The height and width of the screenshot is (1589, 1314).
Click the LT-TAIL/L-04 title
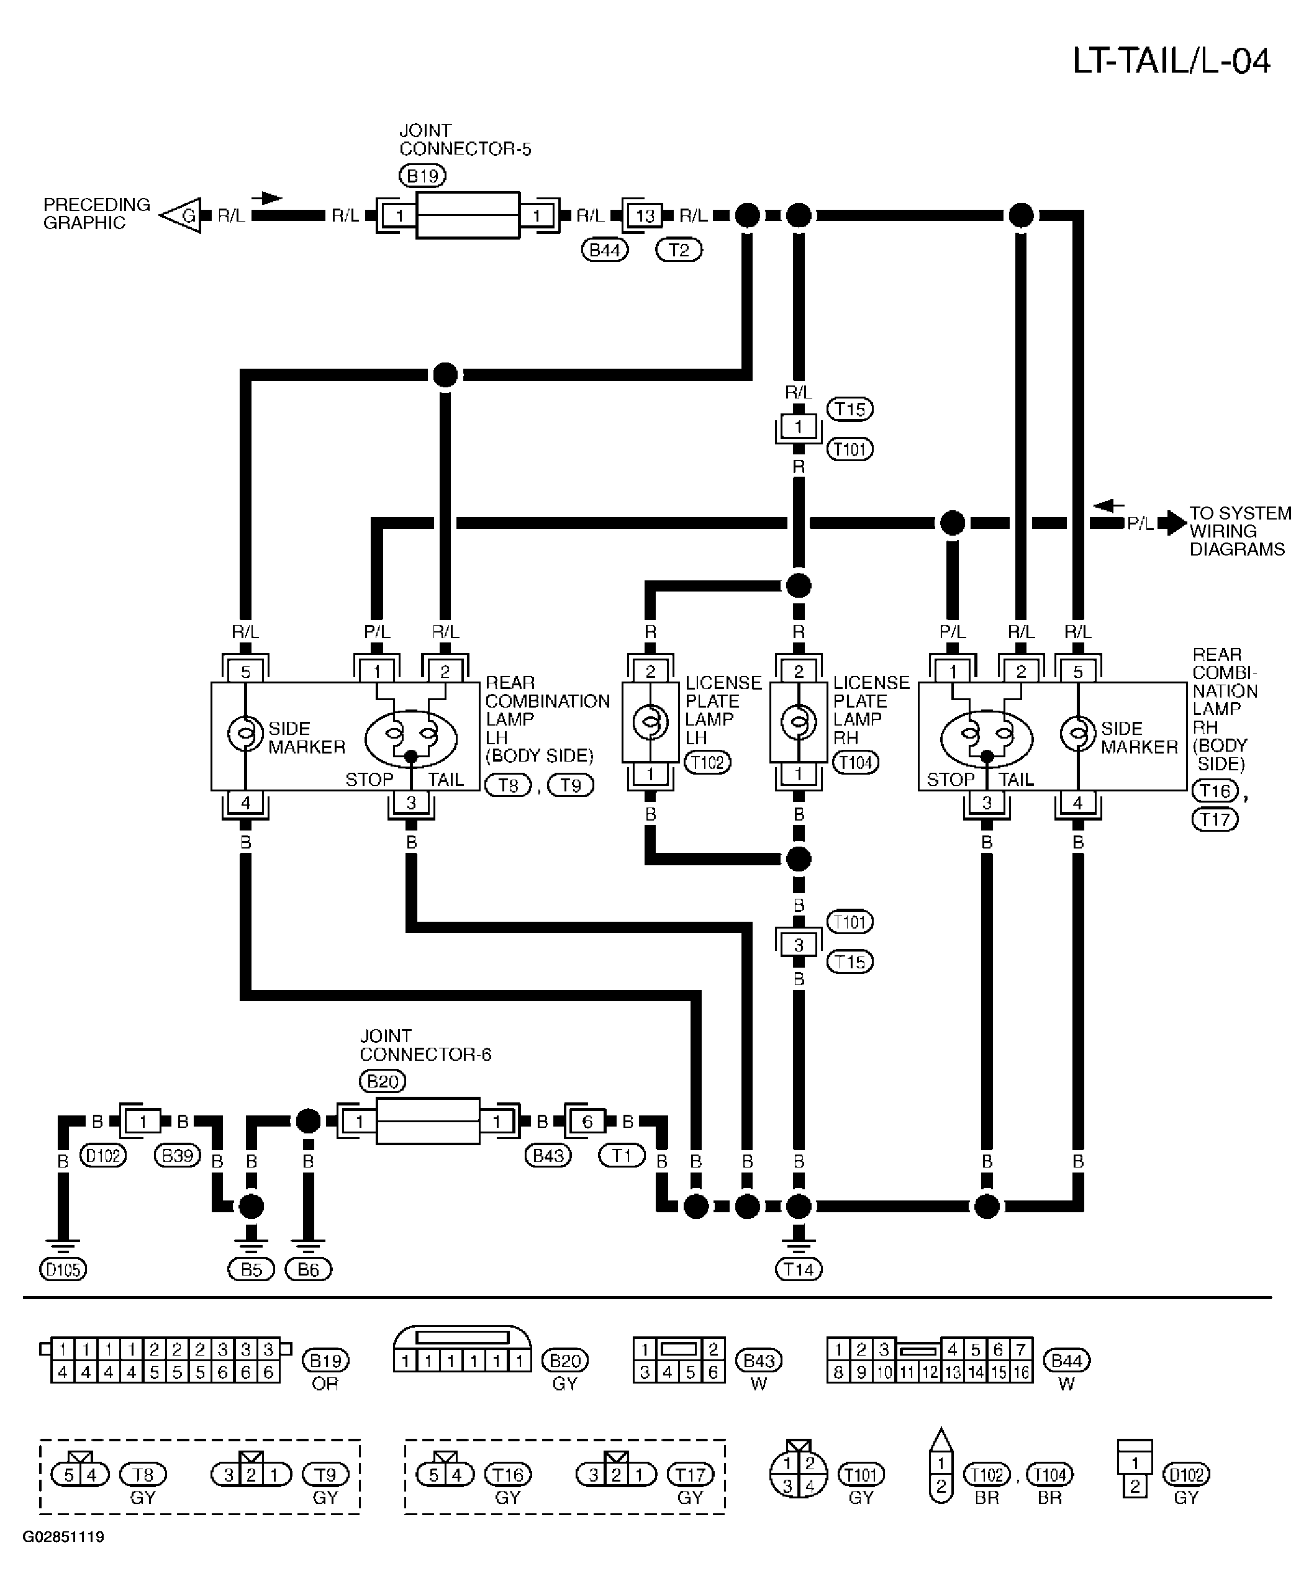pos(1171,61)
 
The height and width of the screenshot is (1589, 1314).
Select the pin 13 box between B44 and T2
pos(644,215)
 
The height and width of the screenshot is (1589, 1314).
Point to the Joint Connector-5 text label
pos(464,140)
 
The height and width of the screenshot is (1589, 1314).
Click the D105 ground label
pos(63,1269)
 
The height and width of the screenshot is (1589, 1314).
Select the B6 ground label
pos(308,1269)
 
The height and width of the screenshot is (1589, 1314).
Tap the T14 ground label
pos(799,1269)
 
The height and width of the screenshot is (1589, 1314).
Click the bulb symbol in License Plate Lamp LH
pos(650,722)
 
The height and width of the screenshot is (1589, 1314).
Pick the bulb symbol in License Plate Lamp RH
pos(799,722)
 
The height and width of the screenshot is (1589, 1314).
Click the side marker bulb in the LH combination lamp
pos(245,732)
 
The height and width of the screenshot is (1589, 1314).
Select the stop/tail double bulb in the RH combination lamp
pos(986,738)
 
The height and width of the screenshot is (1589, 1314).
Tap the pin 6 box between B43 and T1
pos(587,1122)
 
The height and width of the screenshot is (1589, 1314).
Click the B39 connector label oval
pos(177,1155)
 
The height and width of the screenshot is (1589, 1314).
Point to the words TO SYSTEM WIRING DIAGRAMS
pos(1240,531)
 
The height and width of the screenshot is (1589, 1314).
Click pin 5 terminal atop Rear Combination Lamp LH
pos(245,671)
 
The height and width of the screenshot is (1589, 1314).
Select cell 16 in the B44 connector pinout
pos(1021,1372)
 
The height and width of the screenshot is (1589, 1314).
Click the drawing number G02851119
pos(63,1537)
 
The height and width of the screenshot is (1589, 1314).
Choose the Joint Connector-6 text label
pos(425,1045)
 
